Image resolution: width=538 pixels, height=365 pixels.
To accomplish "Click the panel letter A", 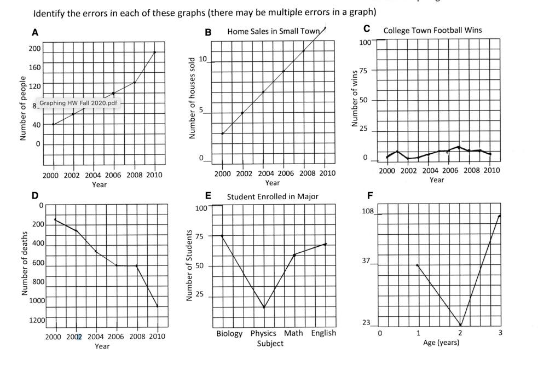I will point(35,33).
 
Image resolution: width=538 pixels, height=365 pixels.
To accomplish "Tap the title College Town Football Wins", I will point(432,30).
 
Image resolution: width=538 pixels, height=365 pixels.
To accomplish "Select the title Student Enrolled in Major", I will point(273,196).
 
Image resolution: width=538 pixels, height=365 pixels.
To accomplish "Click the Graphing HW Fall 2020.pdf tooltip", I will point(78,103).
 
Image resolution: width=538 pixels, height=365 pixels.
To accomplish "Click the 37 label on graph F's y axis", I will point(366,260).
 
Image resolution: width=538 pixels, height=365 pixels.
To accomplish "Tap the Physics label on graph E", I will point(263,333).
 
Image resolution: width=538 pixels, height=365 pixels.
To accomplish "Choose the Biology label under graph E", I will point(229,333).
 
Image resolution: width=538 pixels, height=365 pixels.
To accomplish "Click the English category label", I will point(323,333).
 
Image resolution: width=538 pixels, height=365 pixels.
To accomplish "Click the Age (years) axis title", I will point(441,343).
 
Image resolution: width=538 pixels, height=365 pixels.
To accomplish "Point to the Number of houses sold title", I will point(192,97).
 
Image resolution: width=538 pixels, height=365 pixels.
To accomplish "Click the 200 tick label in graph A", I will point(34,49).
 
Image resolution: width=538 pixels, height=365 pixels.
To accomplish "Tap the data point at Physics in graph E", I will point(264,308).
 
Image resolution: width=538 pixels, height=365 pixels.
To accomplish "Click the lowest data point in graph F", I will point(460,325).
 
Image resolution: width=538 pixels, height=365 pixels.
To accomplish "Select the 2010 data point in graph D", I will point(158,306).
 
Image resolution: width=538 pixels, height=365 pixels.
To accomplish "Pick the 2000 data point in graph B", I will point(222,133).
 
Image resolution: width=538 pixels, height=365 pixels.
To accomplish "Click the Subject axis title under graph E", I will point(270,344).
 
